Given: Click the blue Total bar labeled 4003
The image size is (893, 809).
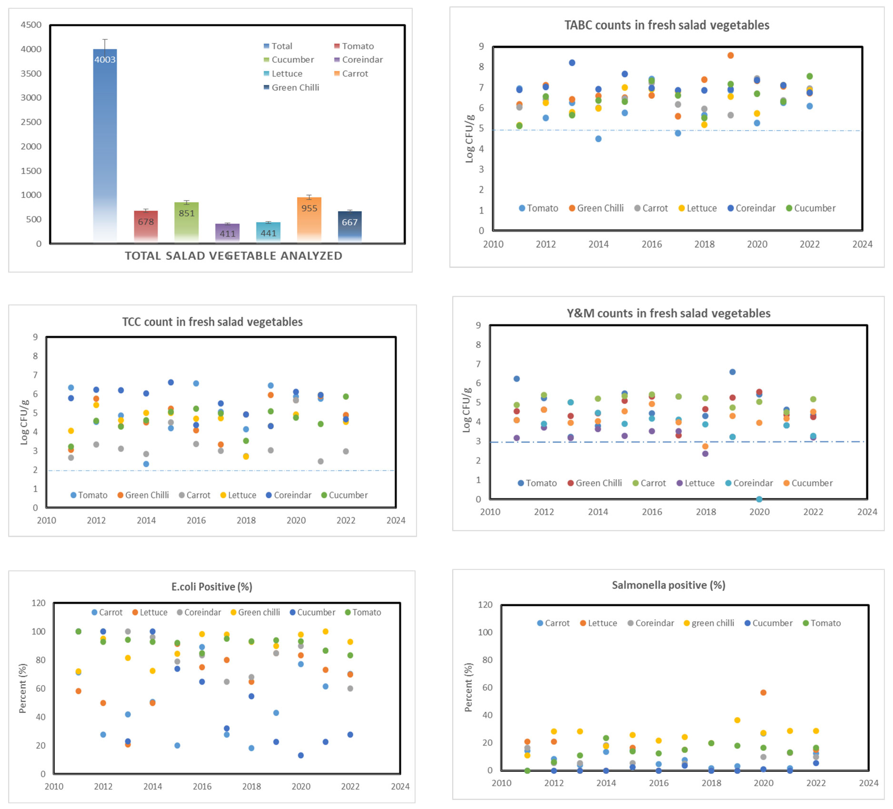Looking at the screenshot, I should tap(105, 146).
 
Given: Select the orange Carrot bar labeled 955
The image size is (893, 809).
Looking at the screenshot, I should tap(309, 219).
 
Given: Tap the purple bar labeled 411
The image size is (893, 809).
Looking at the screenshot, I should tap(227, 233).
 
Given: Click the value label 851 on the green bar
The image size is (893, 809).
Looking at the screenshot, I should tap(187, 213).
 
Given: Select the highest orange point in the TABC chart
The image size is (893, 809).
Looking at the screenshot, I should tap(730, 55).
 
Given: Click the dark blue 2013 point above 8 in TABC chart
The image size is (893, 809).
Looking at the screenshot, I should tap(572, 63).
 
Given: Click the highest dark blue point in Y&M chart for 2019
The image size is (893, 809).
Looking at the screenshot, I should tap(732, 372).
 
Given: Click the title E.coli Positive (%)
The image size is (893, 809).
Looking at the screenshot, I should tap(212, 587).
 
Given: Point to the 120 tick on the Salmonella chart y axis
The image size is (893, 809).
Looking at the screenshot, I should tap(485, 605).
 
